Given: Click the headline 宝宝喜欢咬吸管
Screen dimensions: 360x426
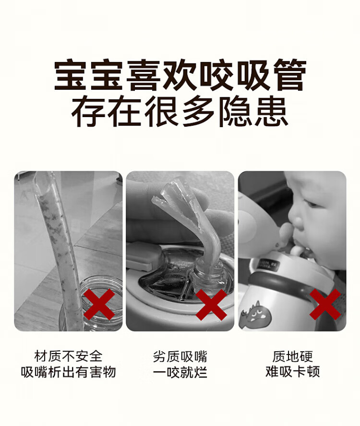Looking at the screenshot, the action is click(180, 75).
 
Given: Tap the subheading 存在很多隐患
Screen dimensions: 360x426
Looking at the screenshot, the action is click(180, 112).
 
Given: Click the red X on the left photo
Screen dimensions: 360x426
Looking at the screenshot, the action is click(99, 304).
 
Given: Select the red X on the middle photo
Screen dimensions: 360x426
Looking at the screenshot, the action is click(211, 305).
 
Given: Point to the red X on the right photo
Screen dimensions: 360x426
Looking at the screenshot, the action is click(325, 304).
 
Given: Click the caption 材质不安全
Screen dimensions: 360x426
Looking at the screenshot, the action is click(68, 356).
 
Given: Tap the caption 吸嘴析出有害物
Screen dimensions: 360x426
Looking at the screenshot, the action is click(68, 372).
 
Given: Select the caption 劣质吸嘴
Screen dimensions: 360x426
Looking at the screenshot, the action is click(180, 356).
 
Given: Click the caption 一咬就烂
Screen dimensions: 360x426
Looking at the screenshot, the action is click(180, 372).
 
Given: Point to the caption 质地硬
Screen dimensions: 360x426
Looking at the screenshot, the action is click(293, 356).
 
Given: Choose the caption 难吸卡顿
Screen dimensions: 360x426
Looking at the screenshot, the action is click(293, 372).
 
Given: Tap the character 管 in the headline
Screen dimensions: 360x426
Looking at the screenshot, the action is click(290, 75).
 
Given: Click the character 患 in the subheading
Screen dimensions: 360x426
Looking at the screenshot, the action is click(271, 112).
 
